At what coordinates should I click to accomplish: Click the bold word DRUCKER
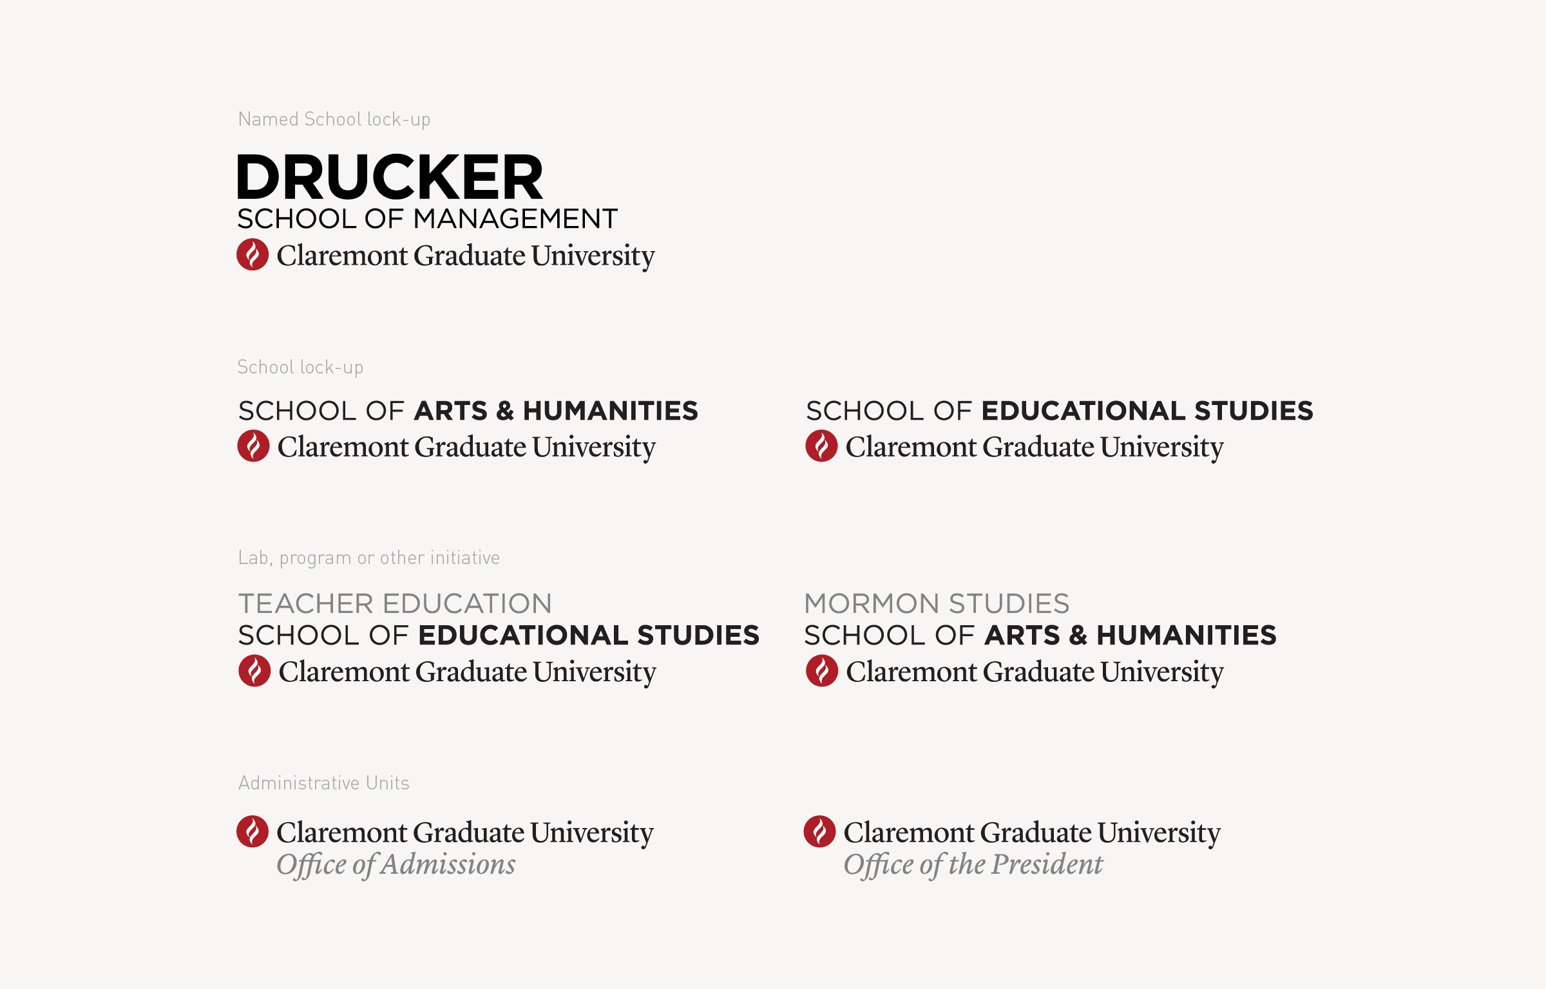390,177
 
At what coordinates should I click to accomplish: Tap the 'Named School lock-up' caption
334,119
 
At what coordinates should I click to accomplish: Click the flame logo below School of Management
253,254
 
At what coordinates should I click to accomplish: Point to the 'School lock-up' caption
300,367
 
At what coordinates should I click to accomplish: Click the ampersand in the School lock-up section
505,411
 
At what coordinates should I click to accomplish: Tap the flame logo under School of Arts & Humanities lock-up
253,446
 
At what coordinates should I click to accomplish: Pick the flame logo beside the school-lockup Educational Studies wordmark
821,446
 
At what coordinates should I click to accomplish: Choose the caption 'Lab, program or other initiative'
368,558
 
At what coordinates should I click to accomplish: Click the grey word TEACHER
306,604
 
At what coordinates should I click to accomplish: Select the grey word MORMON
872,604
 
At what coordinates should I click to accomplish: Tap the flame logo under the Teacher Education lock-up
254,671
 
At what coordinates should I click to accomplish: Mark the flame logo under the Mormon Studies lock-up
822,671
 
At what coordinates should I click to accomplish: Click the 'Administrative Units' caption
323,783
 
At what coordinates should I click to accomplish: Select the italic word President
1047,864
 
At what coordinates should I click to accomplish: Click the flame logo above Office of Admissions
253,831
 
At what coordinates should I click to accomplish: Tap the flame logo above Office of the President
819,831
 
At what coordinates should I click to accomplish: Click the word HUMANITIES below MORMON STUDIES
1186,636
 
